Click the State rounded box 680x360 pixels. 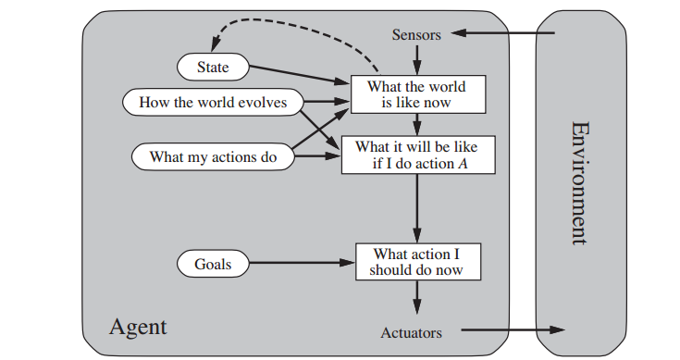point(212,67)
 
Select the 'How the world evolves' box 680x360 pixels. point(213,102)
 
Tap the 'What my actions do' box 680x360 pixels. point(213,157)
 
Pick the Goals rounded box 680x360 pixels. point(212,264)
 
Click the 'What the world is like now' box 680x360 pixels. point(416,94)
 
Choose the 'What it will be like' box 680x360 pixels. point(417,155)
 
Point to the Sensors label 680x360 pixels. point(416,34)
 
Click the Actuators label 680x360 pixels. point(411,332)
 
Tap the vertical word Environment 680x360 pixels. point(580,181)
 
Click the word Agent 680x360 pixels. point(138,326)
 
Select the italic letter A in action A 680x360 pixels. point(460,165)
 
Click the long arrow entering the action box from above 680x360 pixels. point(417,208)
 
